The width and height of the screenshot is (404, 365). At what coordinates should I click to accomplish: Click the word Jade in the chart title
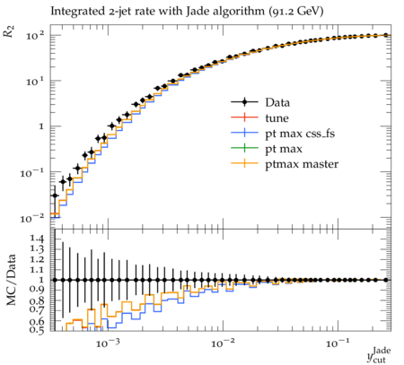click(197, 11)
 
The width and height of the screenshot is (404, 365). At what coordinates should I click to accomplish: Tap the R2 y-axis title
click(9, 31)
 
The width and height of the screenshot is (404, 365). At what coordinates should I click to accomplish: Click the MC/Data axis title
click(11, 280)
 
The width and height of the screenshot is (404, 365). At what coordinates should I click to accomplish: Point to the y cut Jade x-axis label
click(379, 354)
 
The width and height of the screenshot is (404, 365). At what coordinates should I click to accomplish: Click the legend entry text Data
click(277, 102)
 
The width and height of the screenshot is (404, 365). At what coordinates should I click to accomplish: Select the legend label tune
click(277, 118)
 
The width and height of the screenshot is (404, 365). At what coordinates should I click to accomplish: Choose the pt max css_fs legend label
click(300, 134)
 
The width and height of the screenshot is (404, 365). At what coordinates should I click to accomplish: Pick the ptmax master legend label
click(302, 164)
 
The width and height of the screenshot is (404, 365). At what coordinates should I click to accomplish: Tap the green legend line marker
click(244, 148)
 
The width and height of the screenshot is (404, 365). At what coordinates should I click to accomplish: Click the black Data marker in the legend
click(244, 102)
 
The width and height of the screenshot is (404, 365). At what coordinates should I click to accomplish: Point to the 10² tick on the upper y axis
click(35, 36)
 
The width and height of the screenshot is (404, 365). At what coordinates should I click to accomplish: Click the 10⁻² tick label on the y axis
click(31, 218)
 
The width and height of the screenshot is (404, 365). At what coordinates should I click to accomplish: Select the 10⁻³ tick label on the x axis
click(108, 343)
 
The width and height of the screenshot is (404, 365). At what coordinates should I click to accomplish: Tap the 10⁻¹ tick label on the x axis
click(338, 343)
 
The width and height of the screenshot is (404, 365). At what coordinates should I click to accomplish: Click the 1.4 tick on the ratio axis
click(37, 239)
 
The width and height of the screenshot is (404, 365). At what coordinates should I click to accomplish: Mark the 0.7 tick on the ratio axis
click(37, 309)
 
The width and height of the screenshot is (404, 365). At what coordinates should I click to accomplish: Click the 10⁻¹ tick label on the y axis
click(31, 172)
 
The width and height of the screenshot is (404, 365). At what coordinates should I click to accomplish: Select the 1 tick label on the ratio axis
click(41, 280)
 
